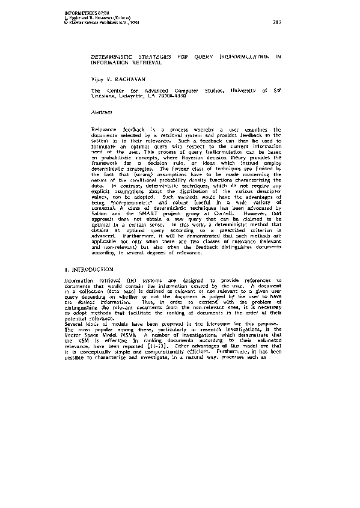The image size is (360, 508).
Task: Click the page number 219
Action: pos(276,22)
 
